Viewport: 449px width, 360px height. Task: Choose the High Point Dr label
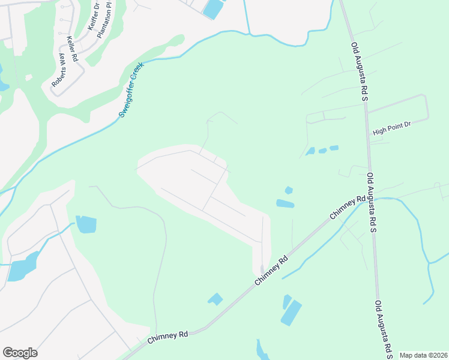(391, 128)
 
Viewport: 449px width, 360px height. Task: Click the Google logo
(20, 353)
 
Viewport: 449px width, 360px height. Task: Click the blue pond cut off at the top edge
(212, 8)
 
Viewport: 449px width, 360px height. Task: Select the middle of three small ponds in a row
(322, 151)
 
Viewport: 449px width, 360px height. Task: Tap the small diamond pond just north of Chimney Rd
(215, 298)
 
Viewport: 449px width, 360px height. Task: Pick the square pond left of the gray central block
(86, 224)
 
